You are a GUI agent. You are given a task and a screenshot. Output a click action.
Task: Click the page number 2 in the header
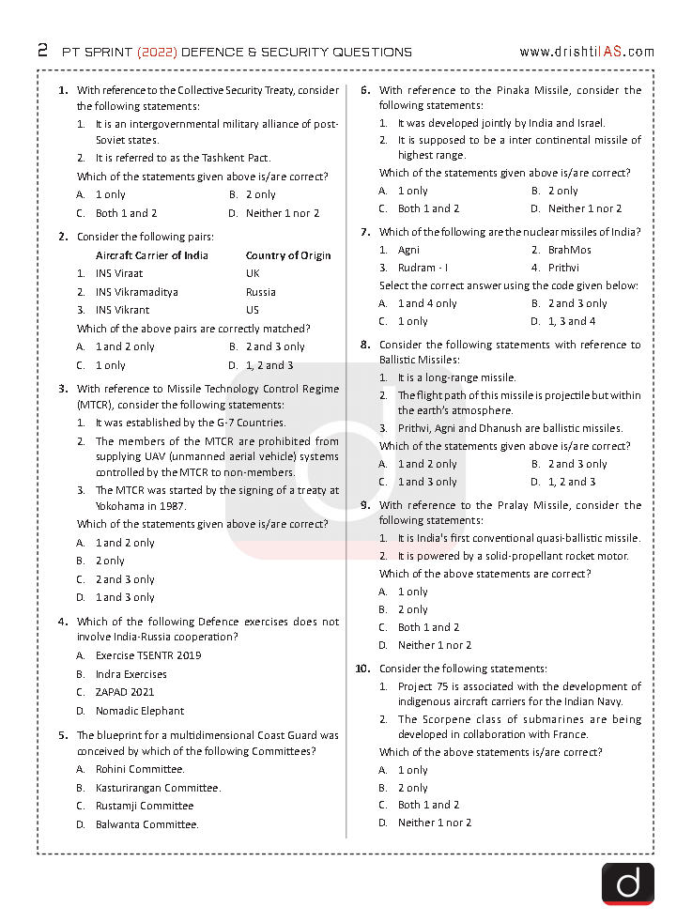click(42, 51)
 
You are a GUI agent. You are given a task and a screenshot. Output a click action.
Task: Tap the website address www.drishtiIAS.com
click(586, 52)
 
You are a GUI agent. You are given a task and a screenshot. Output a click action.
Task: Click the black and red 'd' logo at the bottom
click(627, 884)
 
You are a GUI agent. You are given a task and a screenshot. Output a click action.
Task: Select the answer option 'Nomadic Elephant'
click(139, 711)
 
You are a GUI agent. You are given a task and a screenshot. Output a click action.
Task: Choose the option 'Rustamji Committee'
click(144, 806)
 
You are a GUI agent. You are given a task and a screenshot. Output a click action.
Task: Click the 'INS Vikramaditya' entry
click(136, 292)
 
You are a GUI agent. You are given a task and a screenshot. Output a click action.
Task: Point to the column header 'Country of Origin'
click(287, 255)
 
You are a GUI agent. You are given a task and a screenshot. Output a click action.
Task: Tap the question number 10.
click(362, 669)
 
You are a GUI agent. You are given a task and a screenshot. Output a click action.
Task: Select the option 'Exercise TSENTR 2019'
click(147, 655)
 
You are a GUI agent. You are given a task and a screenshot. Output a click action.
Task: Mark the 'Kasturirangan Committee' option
click(157, 788)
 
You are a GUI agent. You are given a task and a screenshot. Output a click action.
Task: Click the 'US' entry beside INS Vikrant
click(252, 310)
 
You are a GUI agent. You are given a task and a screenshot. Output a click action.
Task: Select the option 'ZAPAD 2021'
click(126, 692)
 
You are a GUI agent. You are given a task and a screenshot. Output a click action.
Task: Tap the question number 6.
click(365, 90)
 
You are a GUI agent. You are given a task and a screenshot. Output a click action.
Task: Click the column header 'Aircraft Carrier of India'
click(151, 255)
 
